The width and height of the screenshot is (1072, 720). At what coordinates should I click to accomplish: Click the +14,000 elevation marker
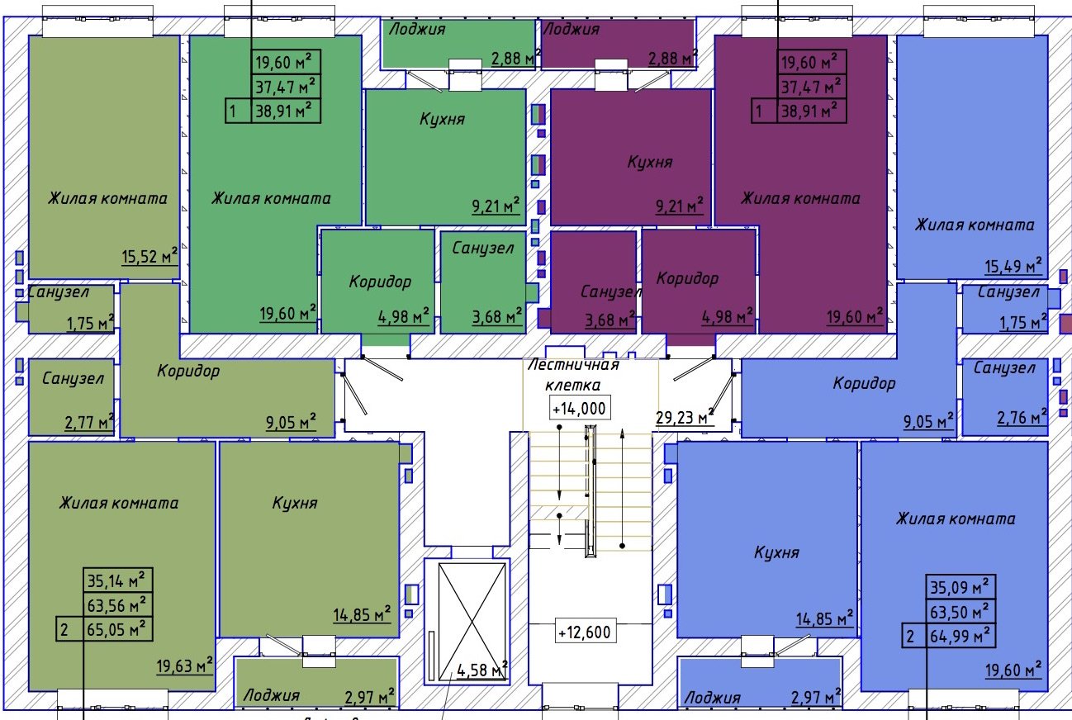[579, 409]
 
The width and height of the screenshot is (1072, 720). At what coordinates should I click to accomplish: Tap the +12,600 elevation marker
[585, 632]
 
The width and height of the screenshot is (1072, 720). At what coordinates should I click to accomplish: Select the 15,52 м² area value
[149, 257]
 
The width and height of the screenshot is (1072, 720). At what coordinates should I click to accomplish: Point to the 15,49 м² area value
[1013, 266]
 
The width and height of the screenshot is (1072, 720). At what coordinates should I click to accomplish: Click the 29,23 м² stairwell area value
[685, 417]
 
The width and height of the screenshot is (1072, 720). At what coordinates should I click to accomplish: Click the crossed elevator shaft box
[472, 621]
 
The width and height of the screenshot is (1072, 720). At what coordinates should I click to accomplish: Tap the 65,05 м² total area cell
[118, 629]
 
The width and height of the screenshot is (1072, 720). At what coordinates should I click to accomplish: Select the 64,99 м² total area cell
[961, 636]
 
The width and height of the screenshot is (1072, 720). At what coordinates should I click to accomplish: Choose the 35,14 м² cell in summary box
[118, 580]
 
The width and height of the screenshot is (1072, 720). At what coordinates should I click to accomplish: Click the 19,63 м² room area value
[185, 666]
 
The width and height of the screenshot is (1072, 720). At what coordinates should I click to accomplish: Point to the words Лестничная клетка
[573, 375]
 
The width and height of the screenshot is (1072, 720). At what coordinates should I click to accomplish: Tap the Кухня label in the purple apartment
[649, 162]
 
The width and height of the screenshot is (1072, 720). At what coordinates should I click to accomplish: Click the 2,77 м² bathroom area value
[89, 423]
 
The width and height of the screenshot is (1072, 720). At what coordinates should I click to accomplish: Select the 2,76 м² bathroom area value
[1022, 418]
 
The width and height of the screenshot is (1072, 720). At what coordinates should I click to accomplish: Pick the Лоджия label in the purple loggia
[571, 29]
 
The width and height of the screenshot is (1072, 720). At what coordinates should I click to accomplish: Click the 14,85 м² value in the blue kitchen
[824, 619]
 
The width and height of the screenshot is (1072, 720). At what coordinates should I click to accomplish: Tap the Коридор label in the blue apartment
[864, 383]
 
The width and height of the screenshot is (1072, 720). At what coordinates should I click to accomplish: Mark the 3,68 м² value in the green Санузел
[497, 317]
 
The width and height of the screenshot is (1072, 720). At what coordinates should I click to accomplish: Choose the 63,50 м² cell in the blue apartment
[961, 611]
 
